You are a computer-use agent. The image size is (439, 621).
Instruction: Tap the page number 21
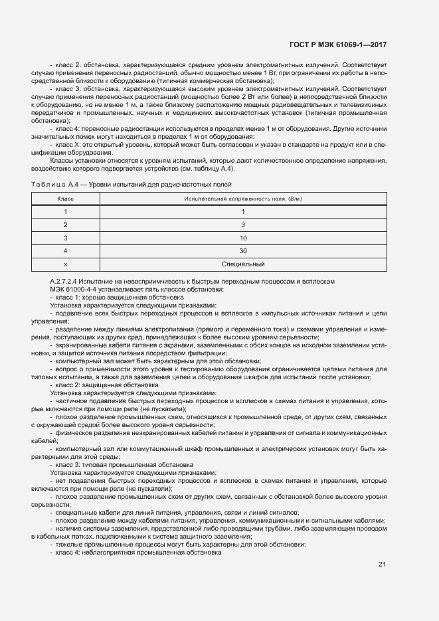(382, 565)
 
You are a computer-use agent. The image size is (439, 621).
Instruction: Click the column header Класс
(65, 199)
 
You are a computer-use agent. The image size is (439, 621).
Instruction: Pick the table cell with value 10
(243, 238)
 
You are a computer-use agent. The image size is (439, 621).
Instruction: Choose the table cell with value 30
(243, 251)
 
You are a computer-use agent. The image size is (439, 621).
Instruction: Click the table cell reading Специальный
(243, 264)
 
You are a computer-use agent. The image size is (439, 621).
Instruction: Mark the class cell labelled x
(65, 264)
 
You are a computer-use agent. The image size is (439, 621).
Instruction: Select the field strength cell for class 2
(243, 224)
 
